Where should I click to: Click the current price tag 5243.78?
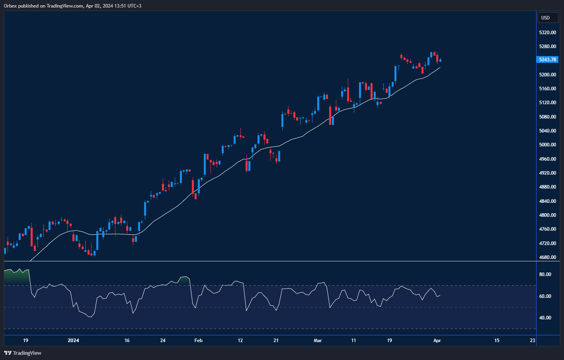[548, 60]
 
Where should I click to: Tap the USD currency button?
[545, 18]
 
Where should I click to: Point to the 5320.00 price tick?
[547, 33]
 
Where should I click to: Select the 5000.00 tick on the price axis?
[547, 145]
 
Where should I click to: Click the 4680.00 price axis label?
[547, 257]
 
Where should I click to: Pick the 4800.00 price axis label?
[547, 215]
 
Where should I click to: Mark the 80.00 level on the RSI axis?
[545, 274]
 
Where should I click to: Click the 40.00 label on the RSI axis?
[545, 318]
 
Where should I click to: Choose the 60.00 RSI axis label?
[545, 296]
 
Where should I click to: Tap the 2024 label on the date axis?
[73, 341]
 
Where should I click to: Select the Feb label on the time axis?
[198, 341]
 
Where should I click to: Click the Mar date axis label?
[318, 341]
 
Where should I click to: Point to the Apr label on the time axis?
[437, 341]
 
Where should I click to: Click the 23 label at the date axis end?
[533, 341]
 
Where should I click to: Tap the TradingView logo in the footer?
[23, 353]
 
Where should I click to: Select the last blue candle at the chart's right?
[440, 60]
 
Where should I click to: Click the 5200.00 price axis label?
[547, 75]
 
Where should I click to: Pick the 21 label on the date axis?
[276, 341]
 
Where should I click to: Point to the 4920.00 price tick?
[547, 173]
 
